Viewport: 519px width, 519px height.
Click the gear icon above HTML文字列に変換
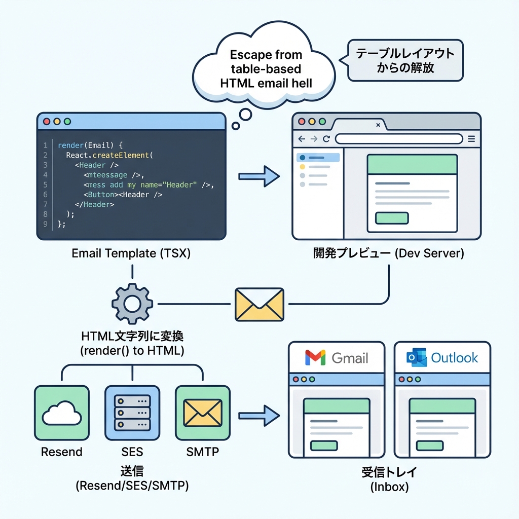point(132,304)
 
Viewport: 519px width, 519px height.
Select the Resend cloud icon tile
point(61,413)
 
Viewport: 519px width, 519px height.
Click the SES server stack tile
point(132,413)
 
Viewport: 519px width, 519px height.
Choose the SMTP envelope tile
point(202,413)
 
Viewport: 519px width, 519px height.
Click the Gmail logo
point(315,358)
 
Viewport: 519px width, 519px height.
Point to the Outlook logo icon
point(417,358)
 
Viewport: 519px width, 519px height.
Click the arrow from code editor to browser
point(259,176)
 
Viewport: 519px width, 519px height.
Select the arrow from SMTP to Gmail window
point(259,415)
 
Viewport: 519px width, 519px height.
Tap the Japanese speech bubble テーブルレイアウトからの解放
point(405,60)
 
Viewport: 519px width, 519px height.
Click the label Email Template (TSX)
point(131,253)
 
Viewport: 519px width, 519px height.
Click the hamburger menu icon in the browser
point(471,139)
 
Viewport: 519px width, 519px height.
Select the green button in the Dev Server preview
point(391,218)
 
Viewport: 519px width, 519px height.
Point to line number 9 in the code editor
point(45,224)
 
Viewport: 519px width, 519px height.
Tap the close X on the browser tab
point(378,125)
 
